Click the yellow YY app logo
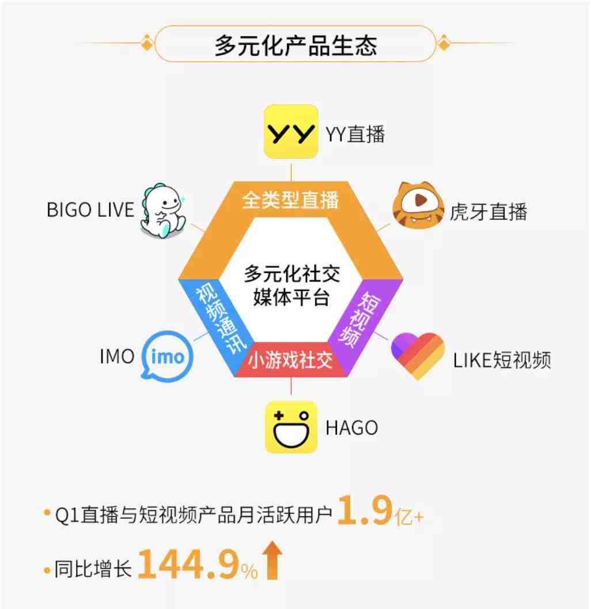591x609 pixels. (x=291, y=132)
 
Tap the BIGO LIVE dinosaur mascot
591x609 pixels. (x=163, y=211)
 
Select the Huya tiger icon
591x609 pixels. (x=418, y=205)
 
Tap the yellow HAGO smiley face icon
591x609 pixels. (x=291, y=427)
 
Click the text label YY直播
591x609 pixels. (x=355, y=134)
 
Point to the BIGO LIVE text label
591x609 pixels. (x=90, y=210)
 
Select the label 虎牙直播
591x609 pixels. (x=488, y=212)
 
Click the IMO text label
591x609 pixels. (x=117, y=356)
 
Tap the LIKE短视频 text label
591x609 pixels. (x=502, y=360)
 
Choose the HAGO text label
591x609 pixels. (x=351, y=428)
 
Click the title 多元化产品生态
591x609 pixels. (x=295, y=45)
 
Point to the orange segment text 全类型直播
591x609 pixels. (x=291, y=200)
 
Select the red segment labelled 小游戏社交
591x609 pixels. (x=291, y=360)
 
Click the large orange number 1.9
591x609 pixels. (x=365, y=509)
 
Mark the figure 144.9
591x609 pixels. (x=188, y=564)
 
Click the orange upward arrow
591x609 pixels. (x=272, y=560)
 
